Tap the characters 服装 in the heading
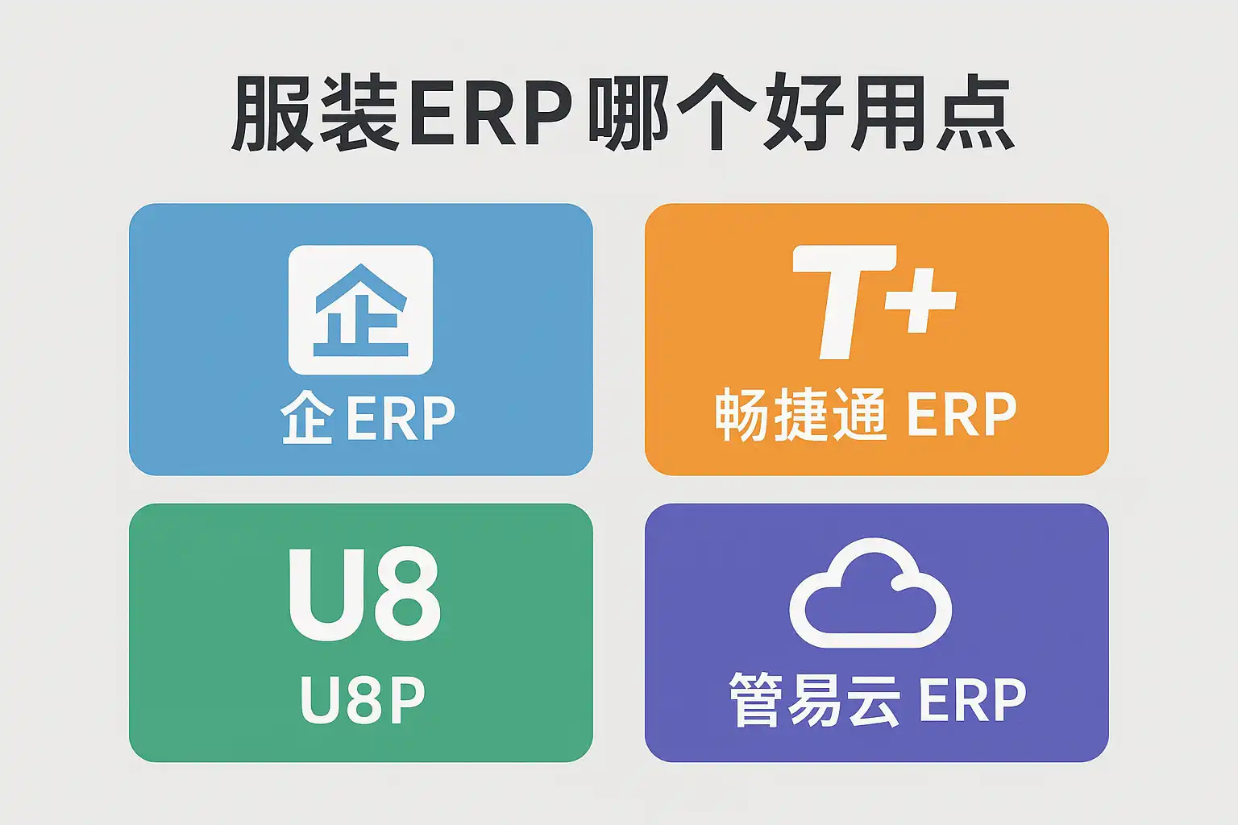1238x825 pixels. [x=314, y=114]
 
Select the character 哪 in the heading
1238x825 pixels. [x=627, y=114]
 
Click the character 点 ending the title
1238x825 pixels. [x=974, y=114]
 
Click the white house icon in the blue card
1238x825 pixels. [x=360, y=310]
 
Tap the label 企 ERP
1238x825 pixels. [x=368, y=418]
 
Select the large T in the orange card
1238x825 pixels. [x=841, y=301]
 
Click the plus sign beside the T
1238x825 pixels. [x=920, y=300]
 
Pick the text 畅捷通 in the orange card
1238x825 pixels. [x=800, y=415]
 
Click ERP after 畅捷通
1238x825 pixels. [x=961, y=415]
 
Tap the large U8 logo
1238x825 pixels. [x=364, y=595]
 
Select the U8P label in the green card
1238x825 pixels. [x=363, y=700]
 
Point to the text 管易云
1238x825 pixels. [x=814, y=700]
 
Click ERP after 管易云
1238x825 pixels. [x=972, y=700]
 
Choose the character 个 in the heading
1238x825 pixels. [x=717, y=114]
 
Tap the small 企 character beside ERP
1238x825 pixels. [x=306, y=418]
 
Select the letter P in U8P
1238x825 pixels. [x=406, y=700]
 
